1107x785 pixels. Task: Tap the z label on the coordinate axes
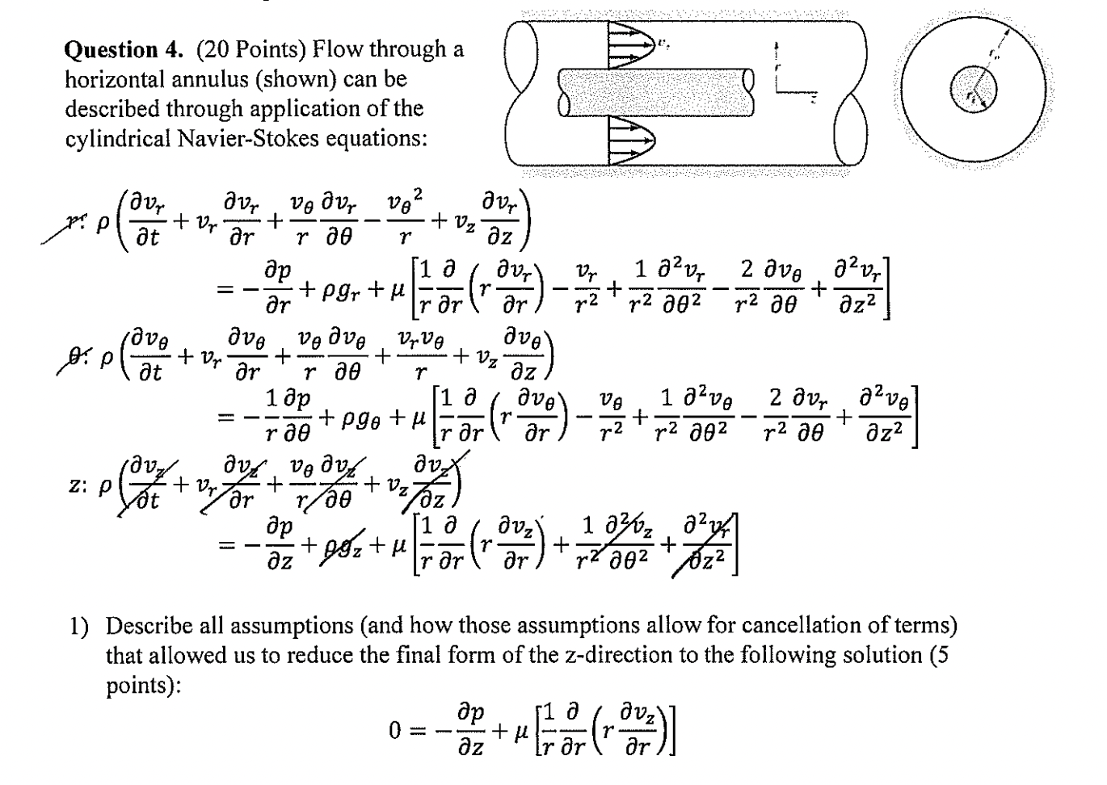coord(814,99)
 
